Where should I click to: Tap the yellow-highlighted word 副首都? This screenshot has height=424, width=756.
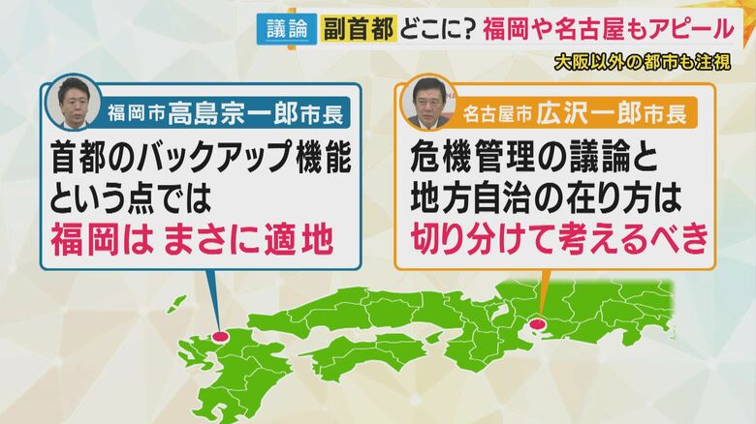[x=360, y=30]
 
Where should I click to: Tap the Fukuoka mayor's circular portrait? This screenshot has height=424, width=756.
[x=73, y=103]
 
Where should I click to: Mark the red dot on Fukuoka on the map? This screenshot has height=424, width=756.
[x=221, y=336]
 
